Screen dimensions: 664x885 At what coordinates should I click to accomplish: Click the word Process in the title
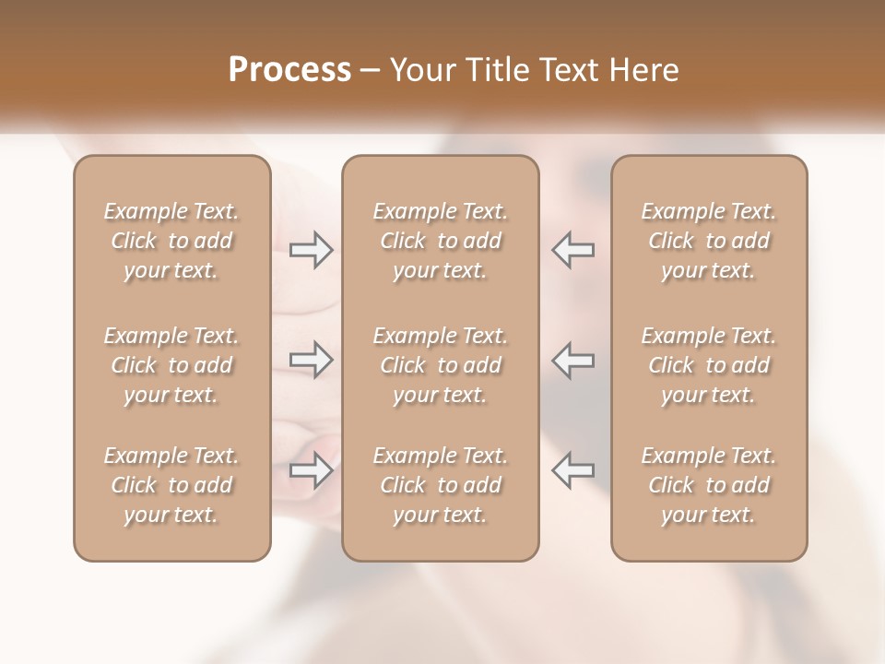point(289,70)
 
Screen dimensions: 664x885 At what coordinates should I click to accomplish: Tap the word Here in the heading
point(643,70)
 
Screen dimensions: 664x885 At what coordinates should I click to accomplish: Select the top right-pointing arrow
point(311,250)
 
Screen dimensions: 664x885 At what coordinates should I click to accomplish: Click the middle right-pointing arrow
point(311,360)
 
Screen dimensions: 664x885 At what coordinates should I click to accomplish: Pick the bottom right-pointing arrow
point(311,470)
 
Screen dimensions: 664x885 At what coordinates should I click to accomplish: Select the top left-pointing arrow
point(573,250)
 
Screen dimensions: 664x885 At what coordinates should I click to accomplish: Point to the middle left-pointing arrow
point(573,360)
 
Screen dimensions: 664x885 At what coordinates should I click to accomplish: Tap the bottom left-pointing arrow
point(573,470)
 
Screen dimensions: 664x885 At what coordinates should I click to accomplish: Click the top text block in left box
point(171,241)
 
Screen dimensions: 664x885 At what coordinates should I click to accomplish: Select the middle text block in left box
point(171,365)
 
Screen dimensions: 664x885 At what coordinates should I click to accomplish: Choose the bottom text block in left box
point(171,485)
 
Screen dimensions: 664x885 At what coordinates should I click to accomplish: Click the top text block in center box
point(441,241)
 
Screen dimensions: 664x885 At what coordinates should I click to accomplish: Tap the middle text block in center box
point(441,365)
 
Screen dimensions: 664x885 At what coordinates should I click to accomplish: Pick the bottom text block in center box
point(441,485)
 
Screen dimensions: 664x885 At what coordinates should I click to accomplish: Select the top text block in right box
point(709,241)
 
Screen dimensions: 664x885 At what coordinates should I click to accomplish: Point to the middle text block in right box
point(709,365)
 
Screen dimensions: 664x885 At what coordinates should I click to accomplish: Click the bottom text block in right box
point(709,485)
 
